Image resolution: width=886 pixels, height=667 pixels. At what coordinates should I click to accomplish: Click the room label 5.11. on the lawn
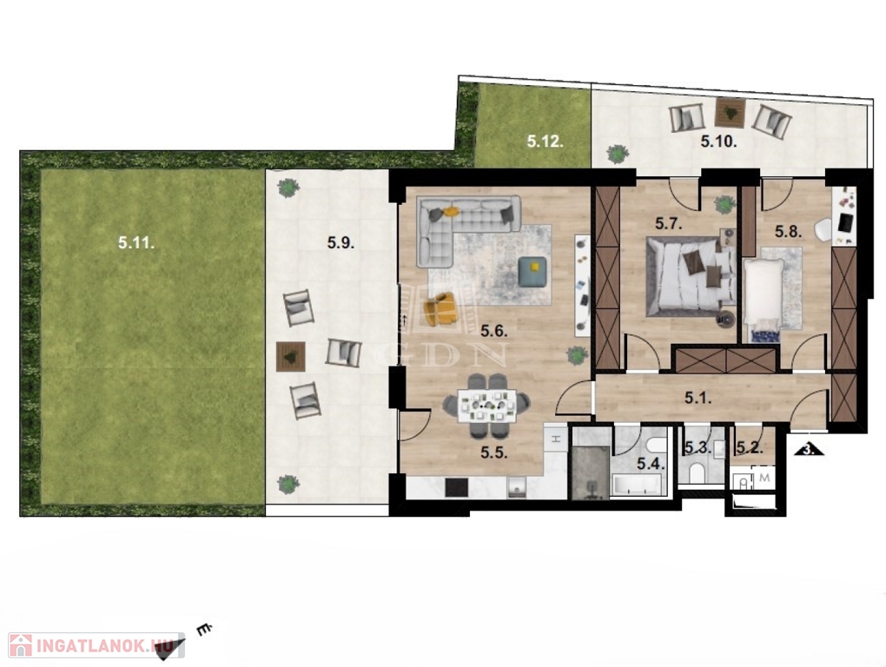click(x=136, y=243)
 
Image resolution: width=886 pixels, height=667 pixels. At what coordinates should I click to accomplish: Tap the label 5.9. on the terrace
click(x=341, y=243)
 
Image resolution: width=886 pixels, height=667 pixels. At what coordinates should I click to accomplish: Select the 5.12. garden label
click(x=545, y=142)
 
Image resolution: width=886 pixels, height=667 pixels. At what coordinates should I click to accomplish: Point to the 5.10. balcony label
click(x=718, y=142)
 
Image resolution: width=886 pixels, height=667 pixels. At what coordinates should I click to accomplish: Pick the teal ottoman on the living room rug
click(x=532, y=271)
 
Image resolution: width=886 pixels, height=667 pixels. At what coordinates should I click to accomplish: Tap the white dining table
click(x=486, y=406)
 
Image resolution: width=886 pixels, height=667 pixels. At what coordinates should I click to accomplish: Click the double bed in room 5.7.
click(x=690, y=276)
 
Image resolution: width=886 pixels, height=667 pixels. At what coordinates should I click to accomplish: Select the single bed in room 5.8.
click(x=763, y=300)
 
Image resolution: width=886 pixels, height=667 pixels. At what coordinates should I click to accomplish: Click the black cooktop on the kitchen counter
click(x=457, y=487)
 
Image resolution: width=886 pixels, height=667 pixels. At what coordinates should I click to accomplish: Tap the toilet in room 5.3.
click(x=698, y=472)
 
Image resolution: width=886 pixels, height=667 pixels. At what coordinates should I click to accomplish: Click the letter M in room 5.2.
click(x=764, y=478)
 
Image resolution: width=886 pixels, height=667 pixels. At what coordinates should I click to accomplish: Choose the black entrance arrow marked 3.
click(x=810, y=449)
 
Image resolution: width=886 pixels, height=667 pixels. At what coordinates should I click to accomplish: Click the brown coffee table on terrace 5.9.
click(x=290, y=356)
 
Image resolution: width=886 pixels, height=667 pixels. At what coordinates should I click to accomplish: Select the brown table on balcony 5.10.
click(x=730, y=112)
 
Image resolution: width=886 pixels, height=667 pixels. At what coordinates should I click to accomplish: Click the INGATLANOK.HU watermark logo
click(x=96, y=645)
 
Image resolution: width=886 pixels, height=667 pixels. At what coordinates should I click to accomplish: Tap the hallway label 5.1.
click(x=698, y=398)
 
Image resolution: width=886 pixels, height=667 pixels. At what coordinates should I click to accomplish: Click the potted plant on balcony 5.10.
click(x=618, y=153)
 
